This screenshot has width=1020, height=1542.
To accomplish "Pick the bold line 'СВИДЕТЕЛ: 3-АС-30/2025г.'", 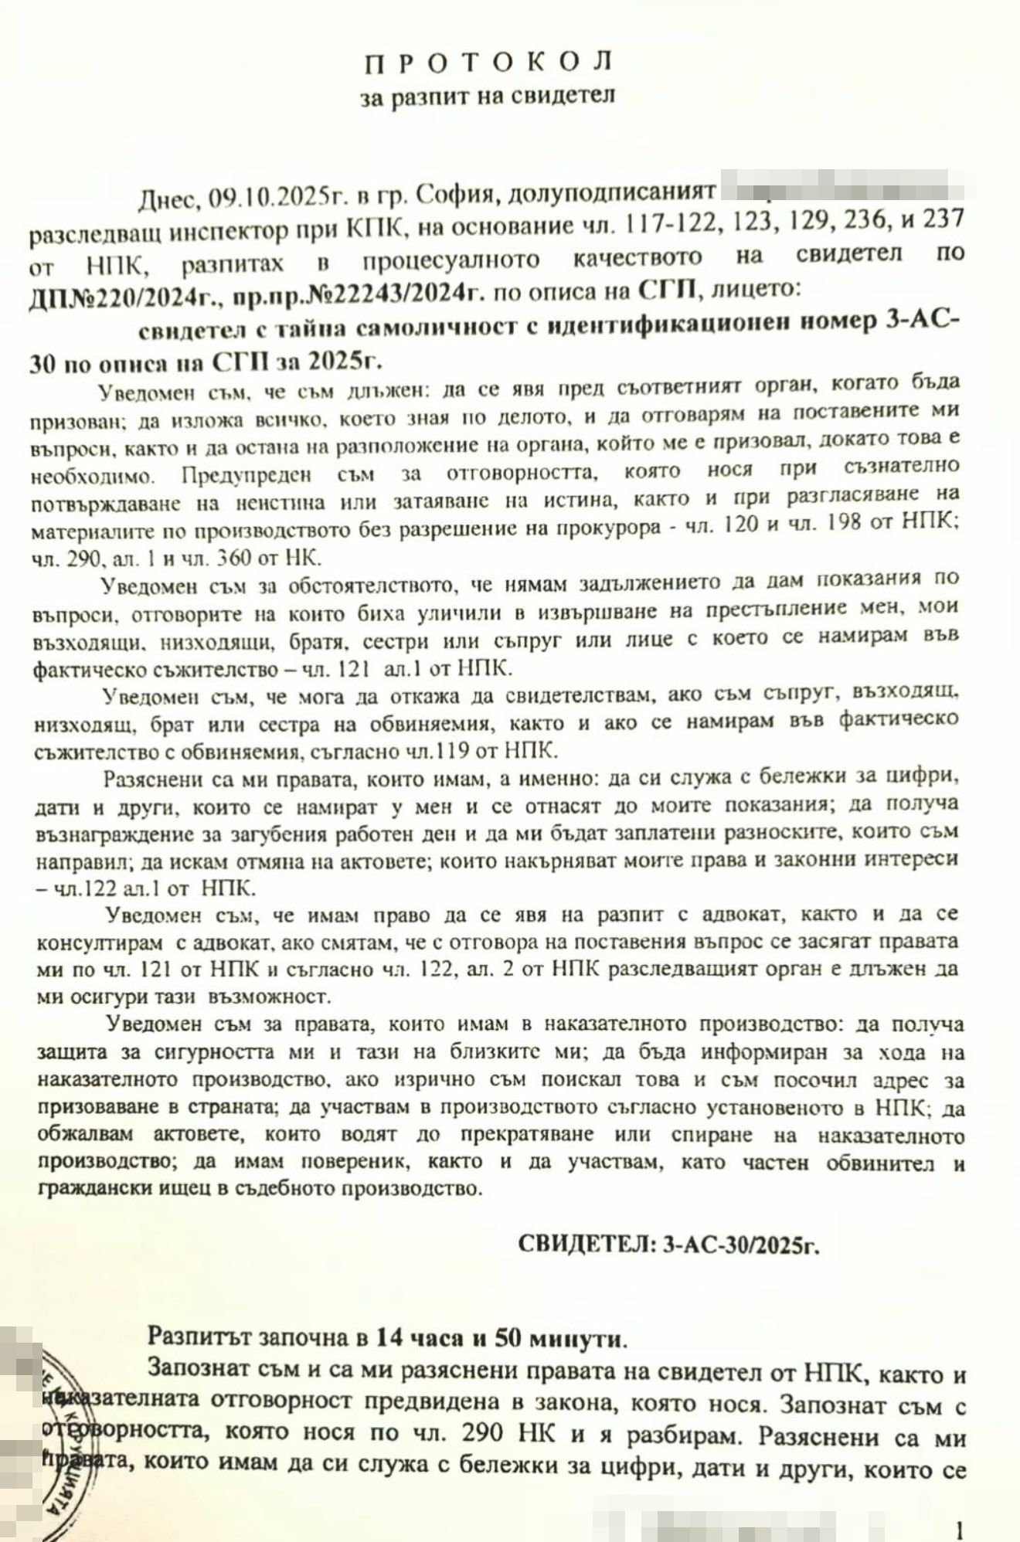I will point(667,1243).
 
